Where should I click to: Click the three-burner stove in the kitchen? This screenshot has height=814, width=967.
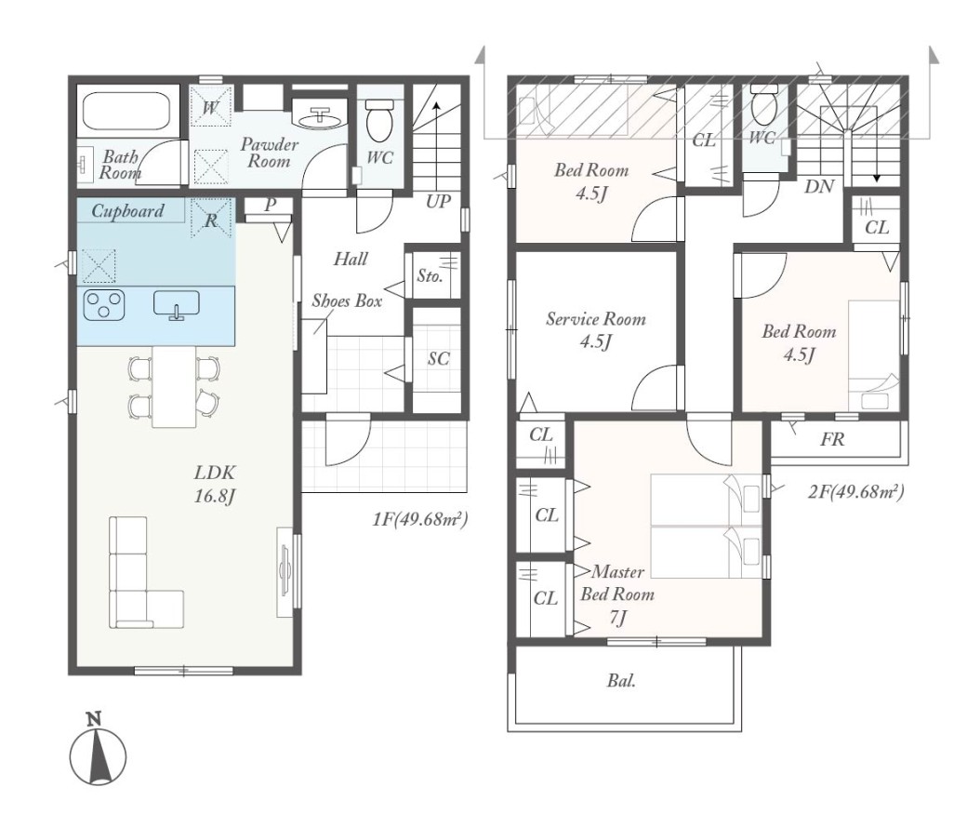[103, 305]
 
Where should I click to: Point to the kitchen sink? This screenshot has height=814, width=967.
[177, 305]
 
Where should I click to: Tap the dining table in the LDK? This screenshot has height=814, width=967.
[175, 386]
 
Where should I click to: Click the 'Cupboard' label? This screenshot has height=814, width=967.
[127, 211]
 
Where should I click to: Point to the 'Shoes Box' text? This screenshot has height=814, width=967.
[347, 300]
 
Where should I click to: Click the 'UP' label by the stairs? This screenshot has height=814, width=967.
[438, 202]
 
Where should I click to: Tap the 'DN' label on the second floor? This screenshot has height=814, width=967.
[819, 186]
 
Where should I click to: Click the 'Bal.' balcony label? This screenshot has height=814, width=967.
[621, 681]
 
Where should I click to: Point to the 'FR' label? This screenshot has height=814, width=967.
[832, 439]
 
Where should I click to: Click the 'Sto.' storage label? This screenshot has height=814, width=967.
[430, 276]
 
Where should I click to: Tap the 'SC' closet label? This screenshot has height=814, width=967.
[439, 358]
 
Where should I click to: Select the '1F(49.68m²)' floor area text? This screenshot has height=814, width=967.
[420, 519]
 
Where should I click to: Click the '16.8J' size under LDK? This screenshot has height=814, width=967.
[215, 496]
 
